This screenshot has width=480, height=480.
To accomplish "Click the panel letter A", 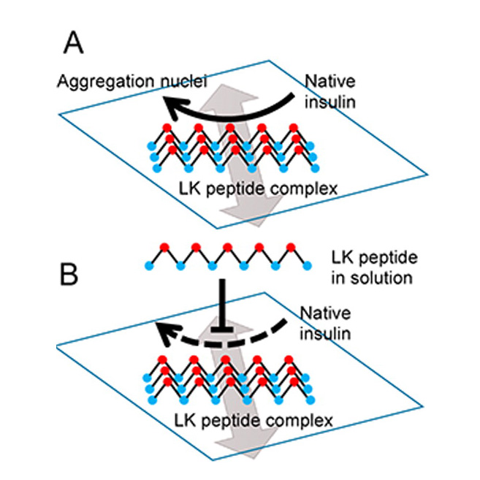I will click(75, 45).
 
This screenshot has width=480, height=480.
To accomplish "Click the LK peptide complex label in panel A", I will click(258, 189).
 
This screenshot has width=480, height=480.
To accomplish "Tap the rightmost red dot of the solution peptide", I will click(292, 246).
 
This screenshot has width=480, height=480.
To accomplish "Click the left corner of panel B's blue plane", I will click(58, 343).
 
